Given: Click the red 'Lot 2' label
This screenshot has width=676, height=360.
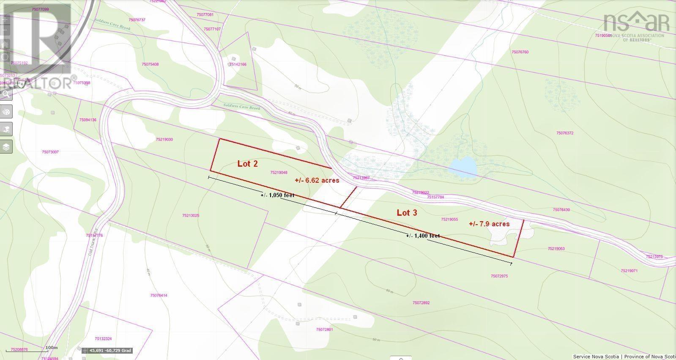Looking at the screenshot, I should [247, 164].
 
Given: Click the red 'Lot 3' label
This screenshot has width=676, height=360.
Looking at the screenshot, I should [407, 212].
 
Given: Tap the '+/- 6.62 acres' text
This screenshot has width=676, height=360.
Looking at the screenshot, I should [317, 180].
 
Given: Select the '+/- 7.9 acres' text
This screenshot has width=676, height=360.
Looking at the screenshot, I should [489, 224].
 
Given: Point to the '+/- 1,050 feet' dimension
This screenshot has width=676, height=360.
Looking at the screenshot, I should [277, 195].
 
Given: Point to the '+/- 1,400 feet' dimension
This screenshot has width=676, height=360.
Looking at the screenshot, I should [423, 236].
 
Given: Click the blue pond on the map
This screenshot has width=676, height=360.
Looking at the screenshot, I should [463, 167].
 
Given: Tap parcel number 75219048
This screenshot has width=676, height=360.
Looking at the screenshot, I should [279, 172].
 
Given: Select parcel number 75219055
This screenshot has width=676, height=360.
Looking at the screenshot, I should [449, 219].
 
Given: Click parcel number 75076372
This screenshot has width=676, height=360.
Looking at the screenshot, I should [565, 133].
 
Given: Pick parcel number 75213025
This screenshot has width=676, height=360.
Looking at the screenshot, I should [191, 215].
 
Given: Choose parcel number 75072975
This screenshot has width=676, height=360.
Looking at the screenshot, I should [499, 276].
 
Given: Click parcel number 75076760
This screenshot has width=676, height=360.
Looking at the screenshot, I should [520, 52].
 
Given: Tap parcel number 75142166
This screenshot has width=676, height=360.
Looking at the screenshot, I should [238, 64].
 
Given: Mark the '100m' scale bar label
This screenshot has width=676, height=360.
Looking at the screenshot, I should [51, 347].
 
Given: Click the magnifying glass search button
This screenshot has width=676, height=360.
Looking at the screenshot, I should [6, 94].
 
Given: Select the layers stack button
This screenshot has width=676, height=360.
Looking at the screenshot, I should [6, 147].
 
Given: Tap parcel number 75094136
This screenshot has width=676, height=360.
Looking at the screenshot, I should [88, 120].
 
